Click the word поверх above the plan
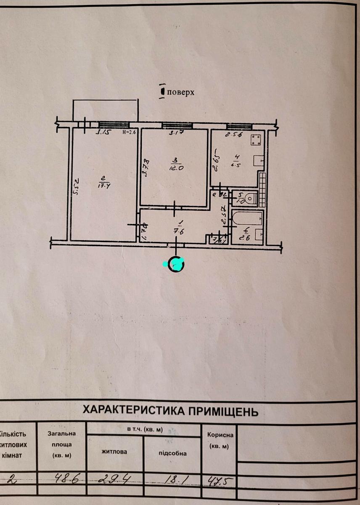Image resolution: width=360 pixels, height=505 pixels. click(x=180, y=92)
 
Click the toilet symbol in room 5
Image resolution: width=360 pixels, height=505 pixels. click(x=251, y=198)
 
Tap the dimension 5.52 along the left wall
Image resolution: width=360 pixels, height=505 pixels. click(x=76, y=186)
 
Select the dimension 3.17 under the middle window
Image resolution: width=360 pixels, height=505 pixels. click(x=175, y=134)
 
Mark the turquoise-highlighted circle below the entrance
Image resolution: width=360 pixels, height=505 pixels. click(x=176, y=264)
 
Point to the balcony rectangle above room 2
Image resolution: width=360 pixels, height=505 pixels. click(x=105, y=110)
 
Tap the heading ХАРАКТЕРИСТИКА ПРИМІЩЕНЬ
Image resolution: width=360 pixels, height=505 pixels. click(x=170, y=410)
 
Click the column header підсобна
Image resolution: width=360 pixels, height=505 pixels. click(x=172, y=453)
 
